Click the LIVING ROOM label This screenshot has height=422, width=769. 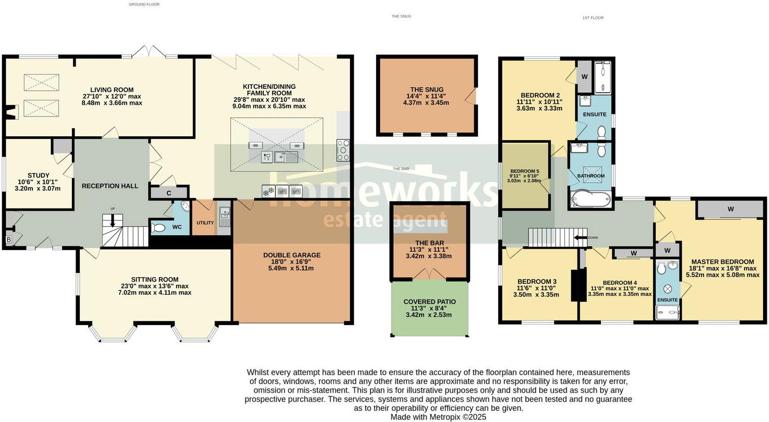(112, 89)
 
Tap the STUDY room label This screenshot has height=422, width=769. (38, 175)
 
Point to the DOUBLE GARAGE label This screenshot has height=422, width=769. (291, 255)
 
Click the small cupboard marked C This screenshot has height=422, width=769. (169, 193)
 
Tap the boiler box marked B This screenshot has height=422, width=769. (9, 240)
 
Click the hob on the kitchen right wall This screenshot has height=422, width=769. (343, 150)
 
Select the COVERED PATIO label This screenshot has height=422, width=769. (430, 301)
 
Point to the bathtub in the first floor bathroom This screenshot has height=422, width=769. (590, 201)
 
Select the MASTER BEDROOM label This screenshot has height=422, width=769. (722, 261)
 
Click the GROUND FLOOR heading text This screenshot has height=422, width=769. (144, 4)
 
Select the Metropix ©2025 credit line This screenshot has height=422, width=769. (438, 417)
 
